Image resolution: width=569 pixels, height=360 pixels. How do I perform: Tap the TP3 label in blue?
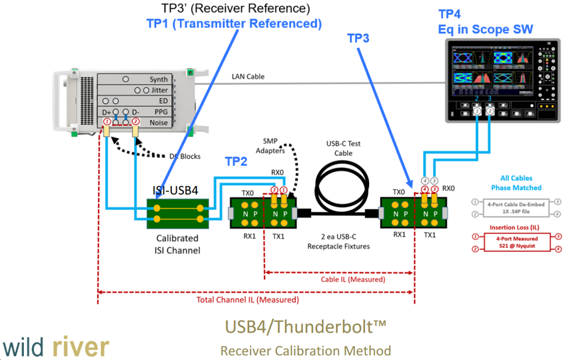pos(358,39)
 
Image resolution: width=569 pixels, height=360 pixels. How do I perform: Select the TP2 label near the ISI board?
pos(236,161)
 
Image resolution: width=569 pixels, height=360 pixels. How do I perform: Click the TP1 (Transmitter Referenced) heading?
pos(234,24)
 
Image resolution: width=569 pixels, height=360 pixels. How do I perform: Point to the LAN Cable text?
pos(248,77)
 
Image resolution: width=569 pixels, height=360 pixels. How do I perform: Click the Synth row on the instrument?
pos(159,79)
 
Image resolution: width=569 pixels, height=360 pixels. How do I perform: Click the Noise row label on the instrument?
pos(159,122)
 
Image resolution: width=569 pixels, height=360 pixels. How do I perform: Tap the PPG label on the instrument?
pos(161,111)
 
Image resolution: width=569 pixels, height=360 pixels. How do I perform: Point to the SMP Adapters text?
pos(271,146)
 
